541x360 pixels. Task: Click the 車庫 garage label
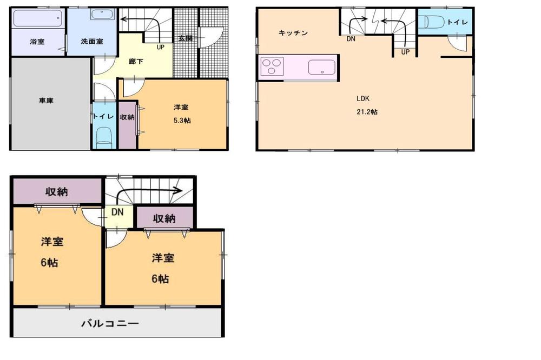(45, 101)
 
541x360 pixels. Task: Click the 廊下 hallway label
(136, 62)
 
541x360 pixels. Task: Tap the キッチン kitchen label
(293, 33)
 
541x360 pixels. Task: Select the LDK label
(362, 98)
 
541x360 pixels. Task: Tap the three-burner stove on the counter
(272, 68)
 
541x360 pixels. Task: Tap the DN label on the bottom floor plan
(117, 212)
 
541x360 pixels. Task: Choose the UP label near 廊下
(161, 47)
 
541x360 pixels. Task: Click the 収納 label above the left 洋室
(56, 191)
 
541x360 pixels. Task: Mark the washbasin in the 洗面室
(99, 15)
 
